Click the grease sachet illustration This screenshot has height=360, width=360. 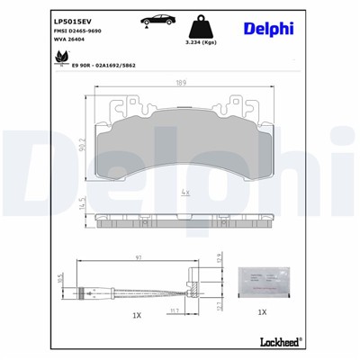point(261,280)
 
